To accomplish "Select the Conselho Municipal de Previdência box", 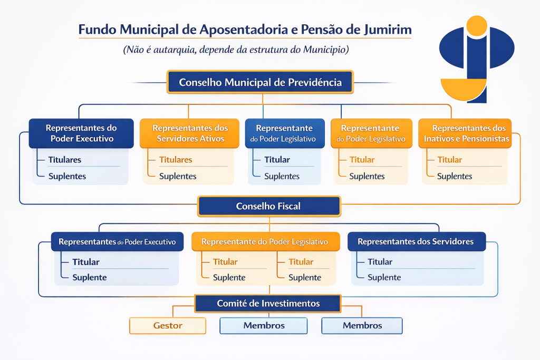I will pos(260,83).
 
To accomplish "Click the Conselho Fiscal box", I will pos(268,206).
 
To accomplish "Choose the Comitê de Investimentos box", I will pos(268,304).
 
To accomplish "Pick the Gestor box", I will pos(168,326).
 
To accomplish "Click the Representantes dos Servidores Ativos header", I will pos(190,133).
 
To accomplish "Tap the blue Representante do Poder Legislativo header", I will pos(284,133).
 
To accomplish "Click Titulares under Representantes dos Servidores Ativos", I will pos(176,160).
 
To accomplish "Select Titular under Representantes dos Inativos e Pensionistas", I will pos(449,160).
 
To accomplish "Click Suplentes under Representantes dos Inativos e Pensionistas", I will pos(455,177).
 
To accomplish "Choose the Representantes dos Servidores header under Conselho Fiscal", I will pos(416,242).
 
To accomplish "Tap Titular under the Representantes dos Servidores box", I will pos(380,262).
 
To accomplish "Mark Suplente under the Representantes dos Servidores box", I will pos(384,278).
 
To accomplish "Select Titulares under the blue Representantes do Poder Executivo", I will pos(65,160).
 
